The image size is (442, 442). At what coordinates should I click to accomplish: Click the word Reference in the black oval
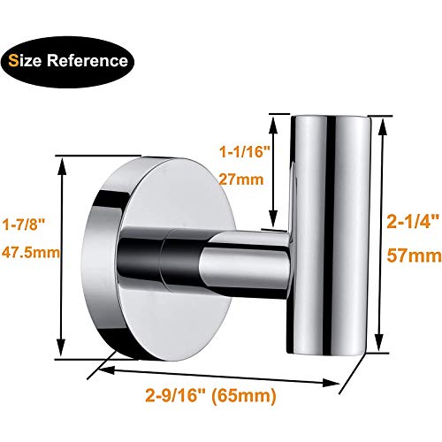point(94,62)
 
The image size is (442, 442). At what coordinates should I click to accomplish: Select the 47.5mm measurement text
point(29,252)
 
